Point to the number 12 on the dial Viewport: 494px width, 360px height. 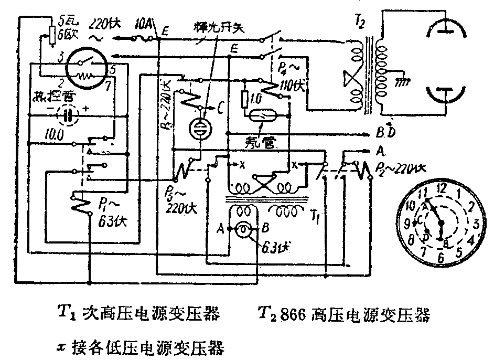(442, 187)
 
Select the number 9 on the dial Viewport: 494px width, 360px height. (407, 224)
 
